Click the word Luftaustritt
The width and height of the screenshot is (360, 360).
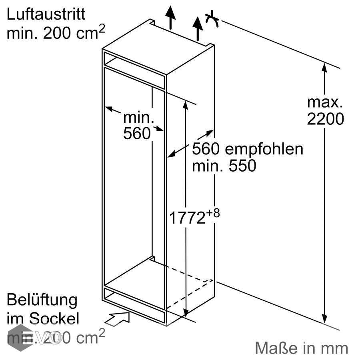click(46, 14)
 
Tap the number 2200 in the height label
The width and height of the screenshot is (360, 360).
click(325, 119)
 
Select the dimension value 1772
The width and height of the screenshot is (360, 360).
click(187, 218)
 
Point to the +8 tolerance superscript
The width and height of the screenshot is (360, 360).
click(213, 213)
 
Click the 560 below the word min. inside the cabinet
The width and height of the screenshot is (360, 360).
click(137, 134)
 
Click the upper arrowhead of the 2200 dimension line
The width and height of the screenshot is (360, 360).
click(325, 68)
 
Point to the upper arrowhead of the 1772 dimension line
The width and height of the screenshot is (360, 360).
click(185, 105)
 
